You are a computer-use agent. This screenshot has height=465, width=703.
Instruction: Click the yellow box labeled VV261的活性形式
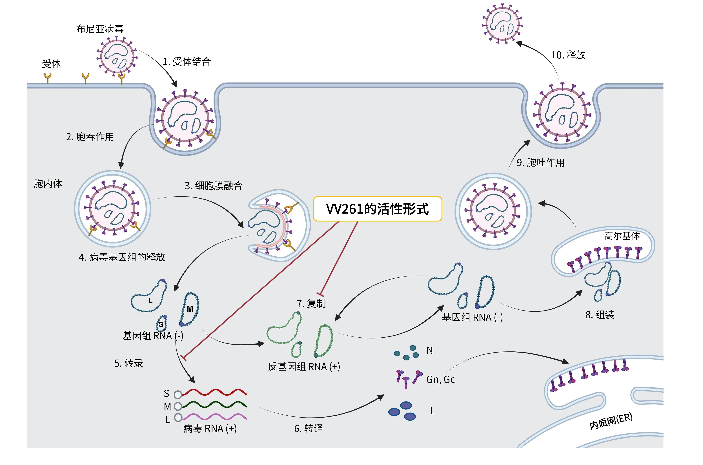point(377,209)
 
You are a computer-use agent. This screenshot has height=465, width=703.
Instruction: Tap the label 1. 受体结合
point(187,62)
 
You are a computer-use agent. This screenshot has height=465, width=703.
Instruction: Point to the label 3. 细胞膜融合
point(214,186)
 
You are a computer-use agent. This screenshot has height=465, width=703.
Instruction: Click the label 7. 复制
point(311,303)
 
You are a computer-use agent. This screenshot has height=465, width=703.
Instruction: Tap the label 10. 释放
point(568,55)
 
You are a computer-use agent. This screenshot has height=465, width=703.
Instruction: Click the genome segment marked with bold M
point(190,309)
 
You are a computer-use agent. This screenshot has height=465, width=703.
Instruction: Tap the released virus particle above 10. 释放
point(502,24)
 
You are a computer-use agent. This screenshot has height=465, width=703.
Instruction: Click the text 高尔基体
point(622,236)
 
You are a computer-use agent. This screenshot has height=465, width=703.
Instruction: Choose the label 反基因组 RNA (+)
point(304,367)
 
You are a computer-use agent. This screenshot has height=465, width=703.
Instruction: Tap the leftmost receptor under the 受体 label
point(47,79)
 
